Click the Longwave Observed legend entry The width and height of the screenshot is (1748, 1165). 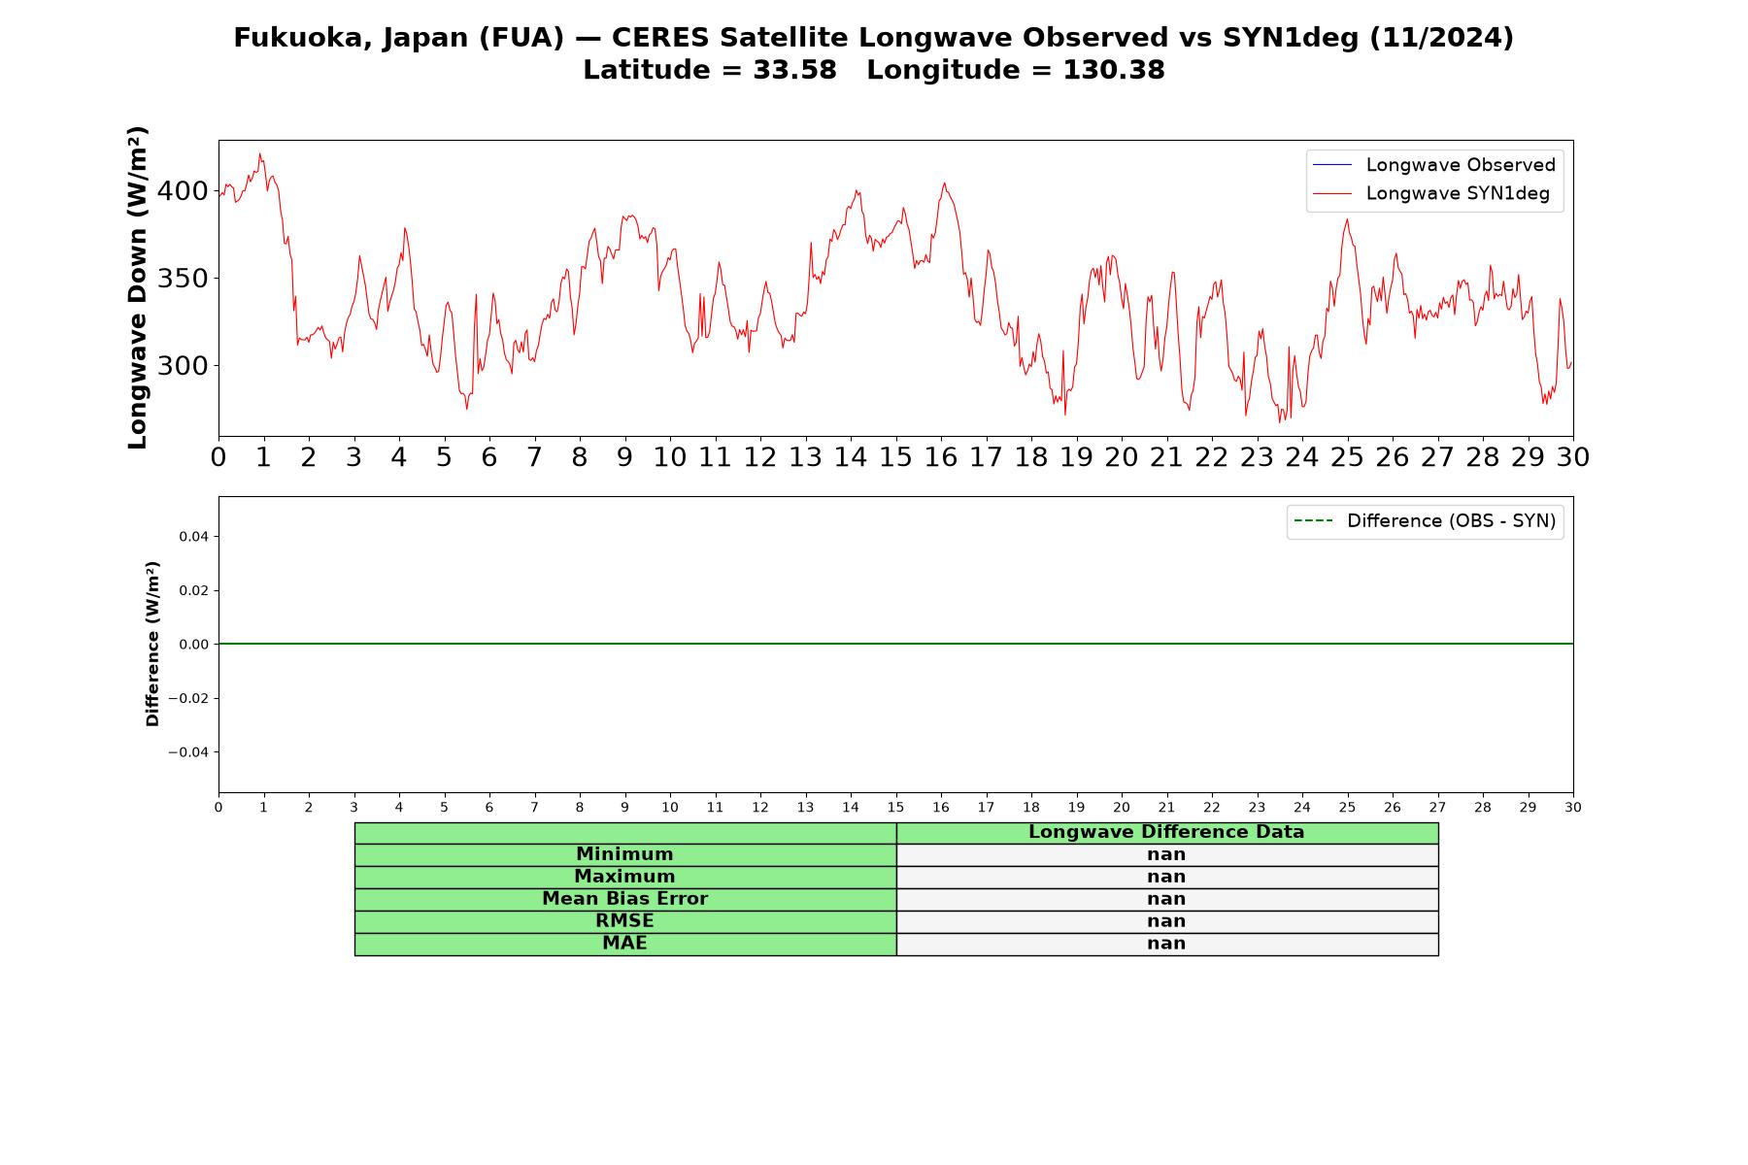pyautogui.click(x=1434, y=165)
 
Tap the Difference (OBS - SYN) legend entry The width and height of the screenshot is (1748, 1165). pyautogui.click(x=1426, y=521)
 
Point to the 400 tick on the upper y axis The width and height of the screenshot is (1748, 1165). pyautogui.click(x=183, y=190)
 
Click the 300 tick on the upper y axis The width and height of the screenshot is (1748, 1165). pyautogui.click(x=183, y=366)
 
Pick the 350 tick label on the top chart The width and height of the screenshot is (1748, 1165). pyautogui.click(x=183, y=279)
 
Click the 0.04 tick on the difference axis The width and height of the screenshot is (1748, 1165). pyautogui.click(x=194, y=537)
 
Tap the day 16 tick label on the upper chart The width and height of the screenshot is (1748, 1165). pyautogui.click(x=941, y=457)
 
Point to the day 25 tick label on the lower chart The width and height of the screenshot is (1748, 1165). pyautogui.click(x=1347, y=808)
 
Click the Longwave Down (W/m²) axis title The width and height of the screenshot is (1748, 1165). pyautogui.click(x=138, y=287)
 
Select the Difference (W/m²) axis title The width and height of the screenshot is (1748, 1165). pyautogui.click(x=152, y=644)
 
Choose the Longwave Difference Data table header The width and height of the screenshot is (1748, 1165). pyautogui.click(x=1166, y=832)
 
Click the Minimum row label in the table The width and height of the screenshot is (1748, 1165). pyautogui.click(x=624, y=854)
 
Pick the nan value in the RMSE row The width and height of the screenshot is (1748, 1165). pyautogui.click(x=1166, y=921)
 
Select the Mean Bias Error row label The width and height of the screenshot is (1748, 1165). pyautogui.click(x=624, y=899)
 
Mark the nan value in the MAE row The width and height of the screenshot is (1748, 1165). pyautogui.click(x=1166, y=944)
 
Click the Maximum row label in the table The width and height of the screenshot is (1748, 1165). pyautogui.click(x=624, y=877)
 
